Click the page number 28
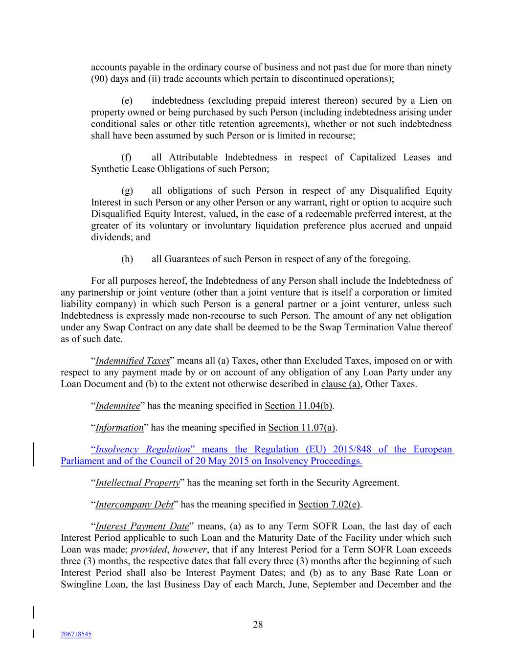coord(258,624)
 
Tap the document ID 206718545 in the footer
coord(76,634)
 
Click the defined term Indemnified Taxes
coord(132,361)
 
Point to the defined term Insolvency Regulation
coord(142,449)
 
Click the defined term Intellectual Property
coord(137,483)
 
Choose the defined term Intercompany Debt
coord(135,504)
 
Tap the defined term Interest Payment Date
coord(142,526)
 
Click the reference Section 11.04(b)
coord(299,406)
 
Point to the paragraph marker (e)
coord(127,101)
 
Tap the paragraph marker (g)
coord(127,190)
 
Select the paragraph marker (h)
coord(127,259)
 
